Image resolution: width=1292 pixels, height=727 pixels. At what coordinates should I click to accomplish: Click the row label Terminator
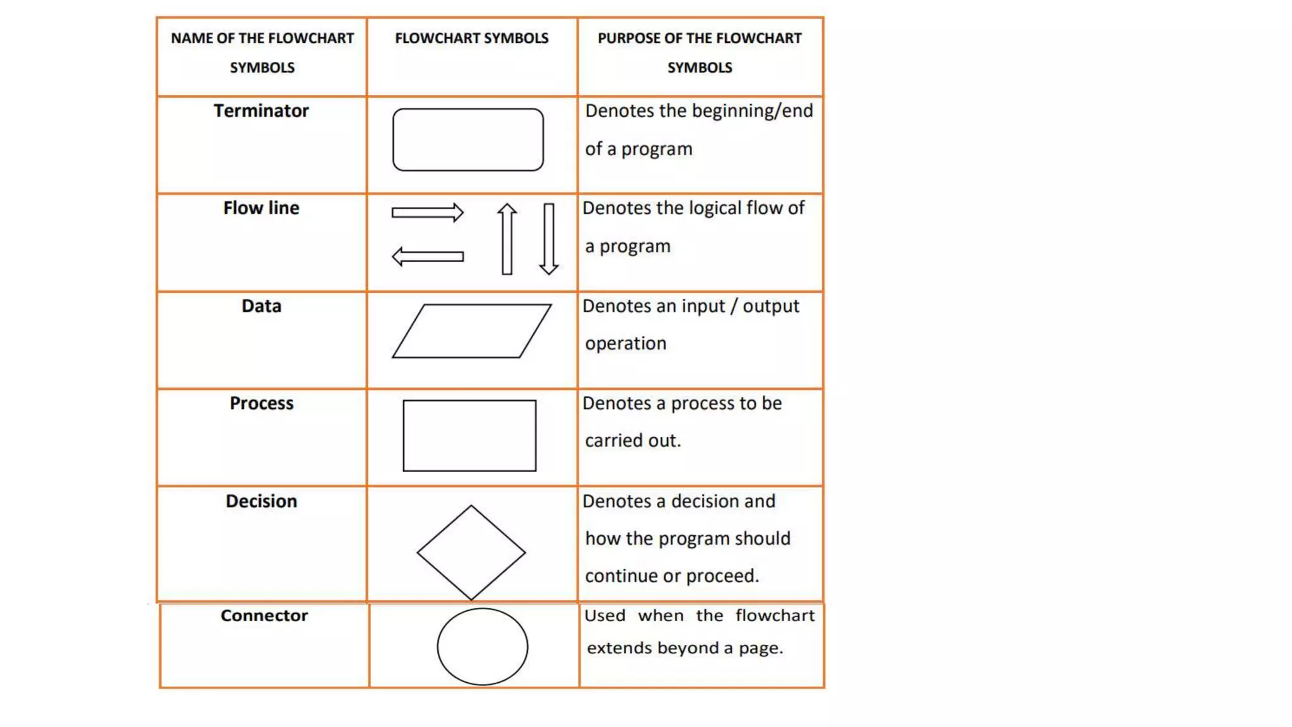tap(261, 111)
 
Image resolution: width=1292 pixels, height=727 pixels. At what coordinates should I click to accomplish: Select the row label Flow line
tap(261, 208)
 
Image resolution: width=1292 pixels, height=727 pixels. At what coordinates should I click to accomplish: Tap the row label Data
tap(261, 306)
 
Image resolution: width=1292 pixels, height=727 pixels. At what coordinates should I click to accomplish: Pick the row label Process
tap(261, 403)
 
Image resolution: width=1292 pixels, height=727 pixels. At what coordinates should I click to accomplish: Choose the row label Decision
tap(261, 501)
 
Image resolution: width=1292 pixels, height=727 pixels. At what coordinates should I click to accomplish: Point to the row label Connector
tap(264, 615)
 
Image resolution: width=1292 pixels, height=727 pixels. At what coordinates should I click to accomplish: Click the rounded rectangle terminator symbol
tap(467, 139)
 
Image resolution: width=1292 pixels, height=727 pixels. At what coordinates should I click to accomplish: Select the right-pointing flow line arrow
tap(427, 213)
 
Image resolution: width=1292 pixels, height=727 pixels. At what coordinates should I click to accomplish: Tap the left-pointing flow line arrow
tap(427, 257)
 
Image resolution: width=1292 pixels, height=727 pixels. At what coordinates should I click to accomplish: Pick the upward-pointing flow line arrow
tap(507, 239)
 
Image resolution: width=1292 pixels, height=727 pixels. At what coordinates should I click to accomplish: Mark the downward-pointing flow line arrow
tap(549, 239)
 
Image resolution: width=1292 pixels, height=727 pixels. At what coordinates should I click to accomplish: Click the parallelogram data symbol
tap(471, 331)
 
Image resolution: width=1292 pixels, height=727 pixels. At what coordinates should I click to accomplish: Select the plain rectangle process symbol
tap(469, 435)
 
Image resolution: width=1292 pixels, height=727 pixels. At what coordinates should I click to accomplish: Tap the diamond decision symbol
tap(471, 552)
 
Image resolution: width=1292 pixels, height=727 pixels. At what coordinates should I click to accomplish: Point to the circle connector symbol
tap(482, 646)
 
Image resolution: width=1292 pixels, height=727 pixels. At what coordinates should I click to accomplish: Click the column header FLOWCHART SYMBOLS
tap(471, 38)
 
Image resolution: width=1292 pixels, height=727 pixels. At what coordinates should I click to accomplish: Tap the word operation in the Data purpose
tap(625, 343)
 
